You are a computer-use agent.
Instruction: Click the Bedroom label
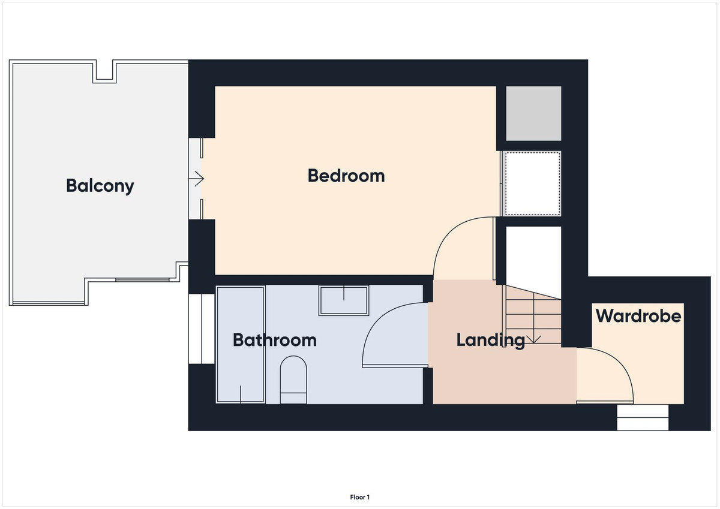(x=346, y=176)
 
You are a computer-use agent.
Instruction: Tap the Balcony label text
(x=100, y=185)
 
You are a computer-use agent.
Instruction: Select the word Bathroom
(x=274, y=340)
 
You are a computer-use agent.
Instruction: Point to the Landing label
(x=490, y=340)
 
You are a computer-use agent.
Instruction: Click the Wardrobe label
(x=638, y=315)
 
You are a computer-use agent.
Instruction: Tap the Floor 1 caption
(x=360, y=497)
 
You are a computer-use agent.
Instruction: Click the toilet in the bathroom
(x=293, y=380)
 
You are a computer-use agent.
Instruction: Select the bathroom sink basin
(x=344, y=300)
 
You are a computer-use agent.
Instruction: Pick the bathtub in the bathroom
(x=240, y=345)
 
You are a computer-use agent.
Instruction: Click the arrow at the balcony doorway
(x=198, y=178)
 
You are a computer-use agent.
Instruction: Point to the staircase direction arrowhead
(x=533, y=339)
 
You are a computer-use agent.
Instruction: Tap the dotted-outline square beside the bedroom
(x=532, y=183)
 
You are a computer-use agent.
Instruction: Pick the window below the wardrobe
(x=643, y=417)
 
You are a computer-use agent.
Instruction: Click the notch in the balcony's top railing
(x=104, y=71)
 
